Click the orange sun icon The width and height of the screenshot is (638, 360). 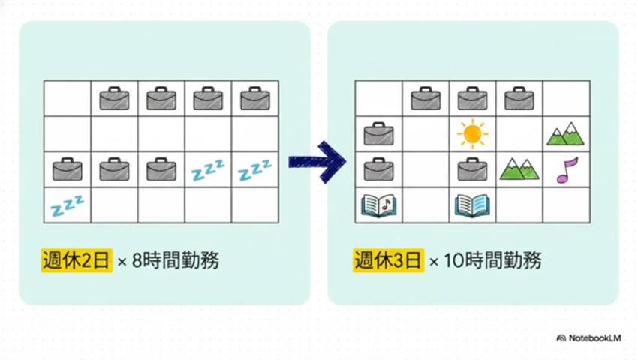(x=472, y=133)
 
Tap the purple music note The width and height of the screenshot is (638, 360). (x=567, y=170)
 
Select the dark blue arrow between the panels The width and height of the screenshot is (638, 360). (x=317, y=162)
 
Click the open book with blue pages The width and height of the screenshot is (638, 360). (x=472, y=205)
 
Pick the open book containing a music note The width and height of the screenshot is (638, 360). (x=379, y=205)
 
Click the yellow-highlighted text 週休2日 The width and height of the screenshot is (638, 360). (x=77, y=260)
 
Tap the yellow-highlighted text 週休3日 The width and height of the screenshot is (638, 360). (x=388, y=260)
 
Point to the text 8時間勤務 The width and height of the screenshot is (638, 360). (x=176, y=260)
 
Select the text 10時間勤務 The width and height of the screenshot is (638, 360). (x=492, y=260)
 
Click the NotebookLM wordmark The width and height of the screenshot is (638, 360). (x=595, y=338)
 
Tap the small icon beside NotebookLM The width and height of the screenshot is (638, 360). (x=561, y=338)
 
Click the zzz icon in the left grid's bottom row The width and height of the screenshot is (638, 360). (x=68, y=205)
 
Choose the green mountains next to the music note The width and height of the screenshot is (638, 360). (x=519, y=169)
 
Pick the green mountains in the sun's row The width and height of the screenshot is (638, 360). (x=566, y=133)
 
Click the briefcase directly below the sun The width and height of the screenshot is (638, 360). (x=472, y=169)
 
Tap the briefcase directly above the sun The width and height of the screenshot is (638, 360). (x=472, y=98)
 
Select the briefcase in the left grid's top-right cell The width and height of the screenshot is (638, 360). (x=255, y=98)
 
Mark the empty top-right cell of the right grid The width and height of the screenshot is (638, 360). (x=567, y=98)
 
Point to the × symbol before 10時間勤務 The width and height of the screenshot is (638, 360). (x=434, y=262)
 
